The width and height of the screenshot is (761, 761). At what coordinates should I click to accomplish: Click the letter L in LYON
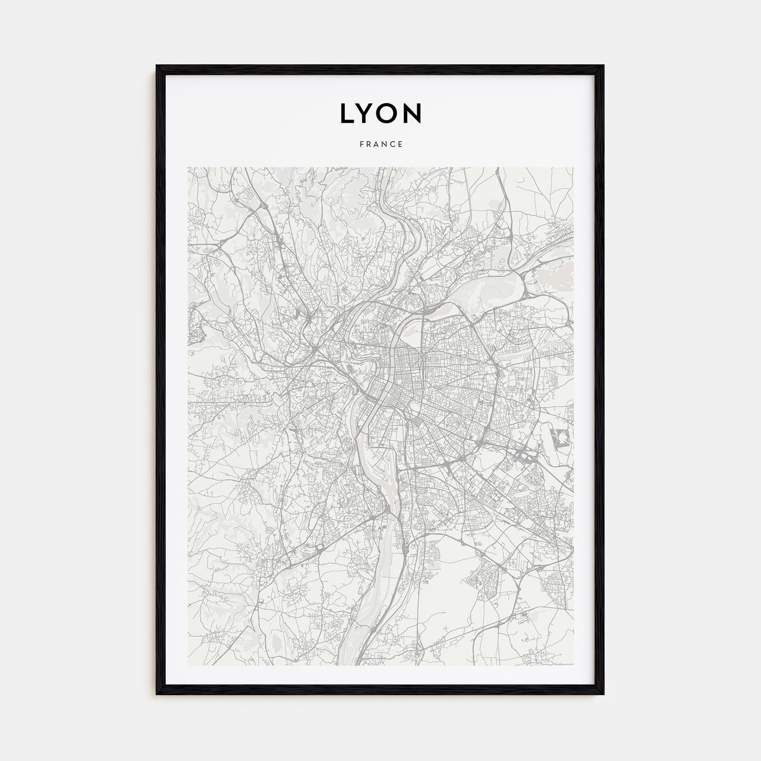pos(347,113)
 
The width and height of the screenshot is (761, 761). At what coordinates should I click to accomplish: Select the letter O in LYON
pos(390,113)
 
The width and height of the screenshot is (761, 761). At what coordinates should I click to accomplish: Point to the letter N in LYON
pos(414,113)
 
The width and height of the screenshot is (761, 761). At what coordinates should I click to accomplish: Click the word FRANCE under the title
pos(380,145)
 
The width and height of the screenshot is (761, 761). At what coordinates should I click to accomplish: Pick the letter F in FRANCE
pos(360,145)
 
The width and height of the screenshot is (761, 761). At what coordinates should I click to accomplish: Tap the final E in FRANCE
pos(401,145)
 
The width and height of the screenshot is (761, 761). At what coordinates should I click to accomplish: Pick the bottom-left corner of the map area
pos(188,666)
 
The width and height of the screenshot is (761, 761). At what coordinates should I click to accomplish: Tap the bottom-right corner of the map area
pos(573,666)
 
